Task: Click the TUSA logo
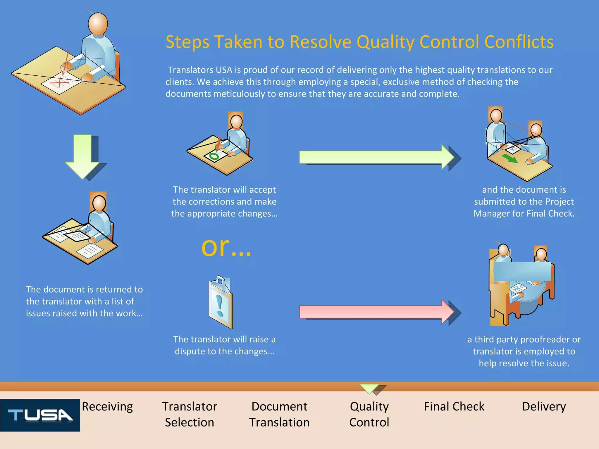tap(40, 415)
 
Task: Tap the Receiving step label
tap(107, 407)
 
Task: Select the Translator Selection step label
tap(190, 414)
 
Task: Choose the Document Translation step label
tap(279, 414)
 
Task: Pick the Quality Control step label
tap(369, 414)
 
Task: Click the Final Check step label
tap(454, 407)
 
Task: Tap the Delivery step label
tap(544, 407)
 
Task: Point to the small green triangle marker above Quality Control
tap(369, 388)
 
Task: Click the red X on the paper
tap(59, 82)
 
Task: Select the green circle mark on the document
tap(214, 156)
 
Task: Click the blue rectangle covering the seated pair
tap(522, 272)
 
